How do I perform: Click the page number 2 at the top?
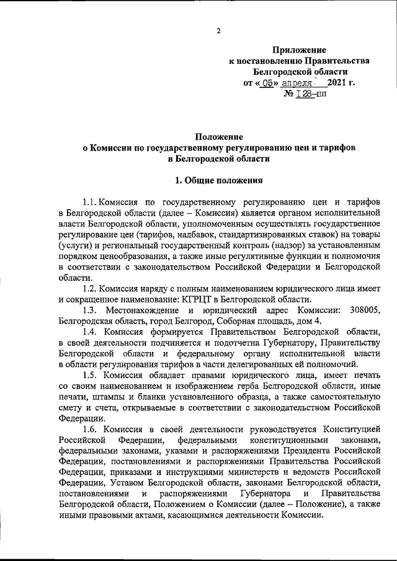click(x=219, y=32)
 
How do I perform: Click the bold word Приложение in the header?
click(x=300, y=49)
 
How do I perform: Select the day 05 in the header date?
click(x=267, y=82)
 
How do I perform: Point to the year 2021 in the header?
click(x=338, y=82)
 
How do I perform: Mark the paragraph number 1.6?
click(x=91, y=430)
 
